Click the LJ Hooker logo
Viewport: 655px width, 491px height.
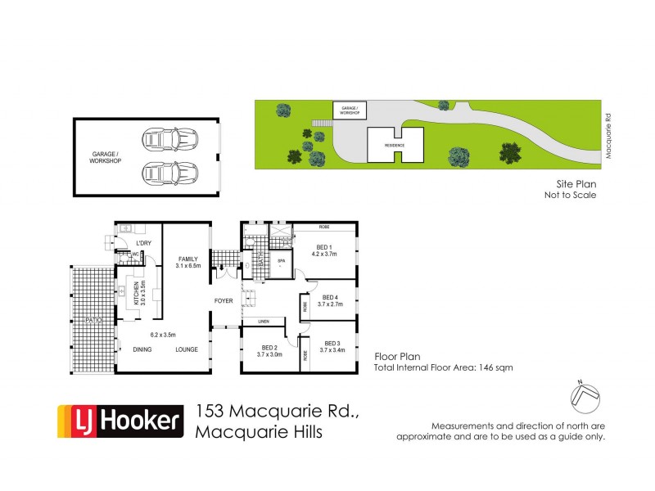[119, 422]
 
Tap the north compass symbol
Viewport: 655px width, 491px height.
[585, 396]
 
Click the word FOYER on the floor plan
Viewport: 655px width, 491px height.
[224, 301]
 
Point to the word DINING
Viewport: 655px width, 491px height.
[142, 349]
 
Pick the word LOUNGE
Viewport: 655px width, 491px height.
[187, 349]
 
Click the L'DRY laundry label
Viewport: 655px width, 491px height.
[144, 243]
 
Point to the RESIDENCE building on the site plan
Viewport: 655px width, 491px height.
[395, 145]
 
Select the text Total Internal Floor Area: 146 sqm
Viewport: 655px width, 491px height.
[444, 368]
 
